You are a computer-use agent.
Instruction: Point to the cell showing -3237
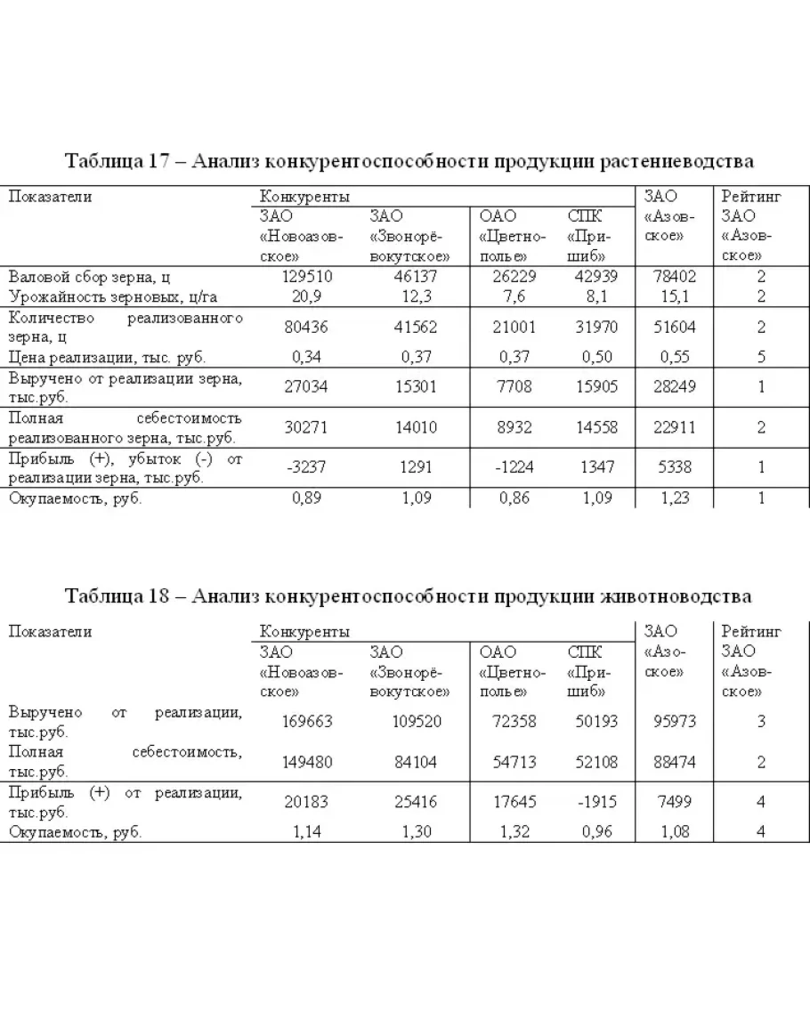tap(306, 468)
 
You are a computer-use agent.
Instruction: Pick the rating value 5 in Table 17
tap(761, 357)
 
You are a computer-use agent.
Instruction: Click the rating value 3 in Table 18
tap(761, 721)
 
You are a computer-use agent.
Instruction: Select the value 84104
tap(416, 762)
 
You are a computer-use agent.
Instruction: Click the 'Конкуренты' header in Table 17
tap(304, 196)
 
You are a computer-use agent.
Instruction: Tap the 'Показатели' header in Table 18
tap(51, 631)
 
